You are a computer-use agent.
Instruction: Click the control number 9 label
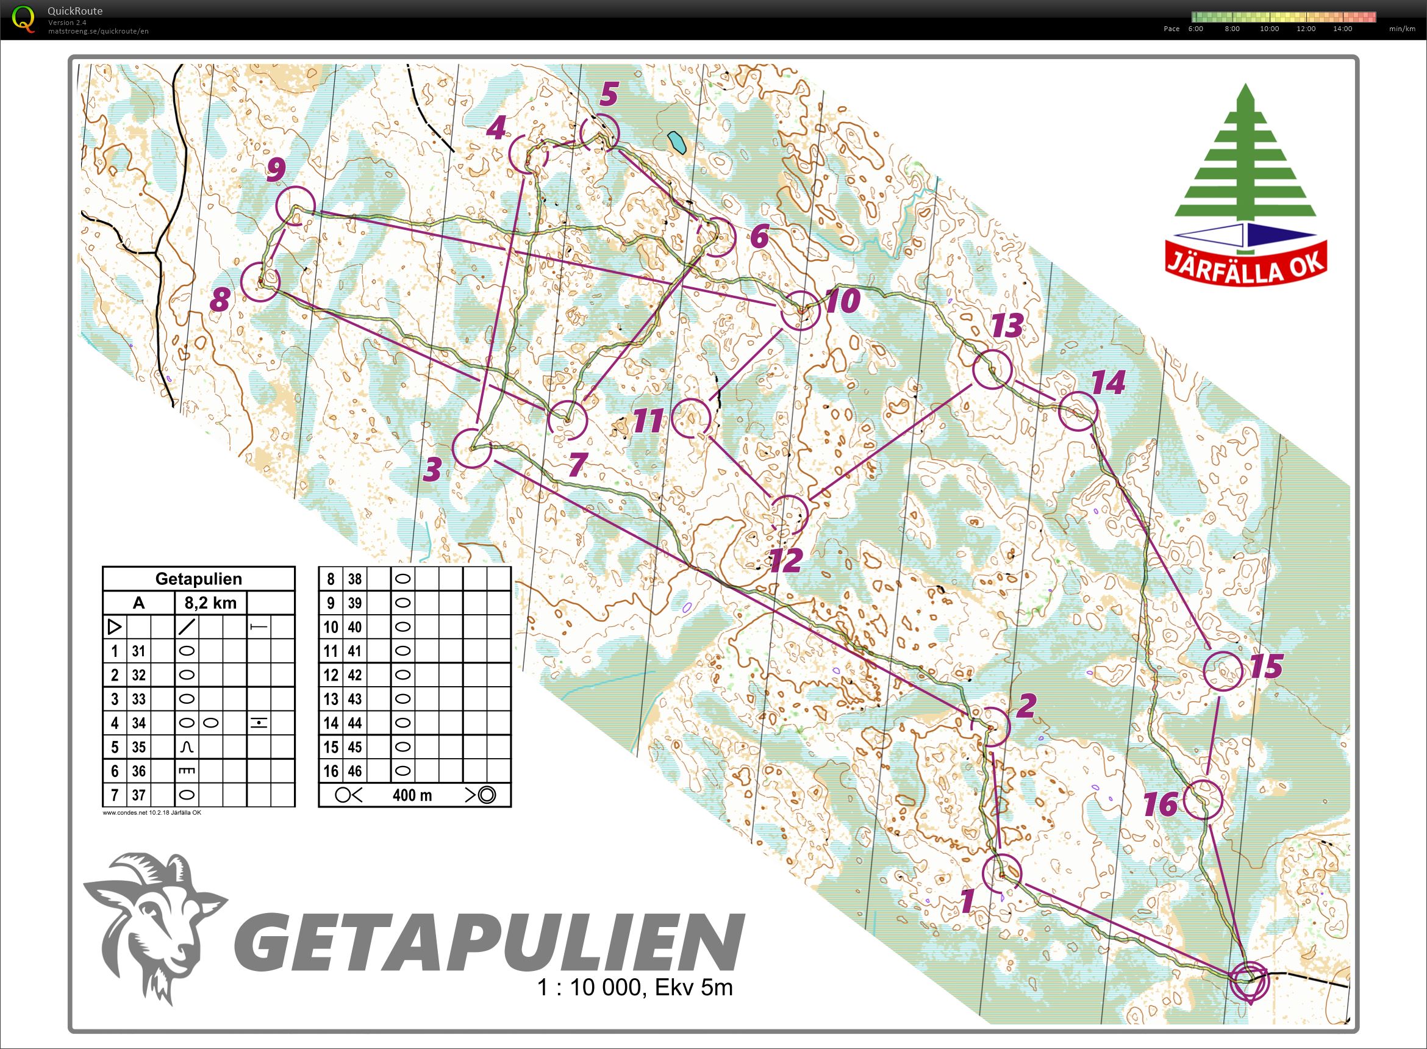pyautogui.click(x=276, y=170)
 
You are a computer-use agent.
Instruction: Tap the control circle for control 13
pyautogui.click(x=992, y=368)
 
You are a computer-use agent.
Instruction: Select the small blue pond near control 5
pyautogui.click(x=678, y=143)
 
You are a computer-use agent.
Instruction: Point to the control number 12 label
pyautogui.click(x=786, y=560)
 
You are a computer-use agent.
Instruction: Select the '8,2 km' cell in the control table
pyautogui.click(x=210, y=603)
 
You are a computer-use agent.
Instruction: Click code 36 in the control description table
pyautogui.click(x=139, y=771)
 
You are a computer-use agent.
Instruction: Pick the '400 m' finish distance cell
pyautogui.click(x=412, y=795)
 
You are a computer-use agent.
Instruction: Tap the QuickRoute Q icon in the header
pyautogui.click(x=24, y=18)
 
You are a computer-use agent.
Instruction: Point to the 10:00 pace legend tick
pyautogui.click(x=1269, y=29)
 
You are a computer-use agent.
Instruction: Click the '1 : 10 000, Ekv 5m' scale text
pyautogui.click(x=635, y=987)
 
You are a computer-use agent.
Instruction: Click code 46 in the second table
pyautogui.click(x=354, y=771)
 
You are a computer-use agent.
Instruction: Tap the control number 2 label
pyautogui.click(x=1026, y=705)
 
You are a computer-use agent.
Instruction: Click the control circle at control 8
pyautogui.click(x=260, y=281)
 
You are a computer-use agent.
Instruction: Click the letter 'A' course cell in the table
pyautogui.click(x=138, y=603)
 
